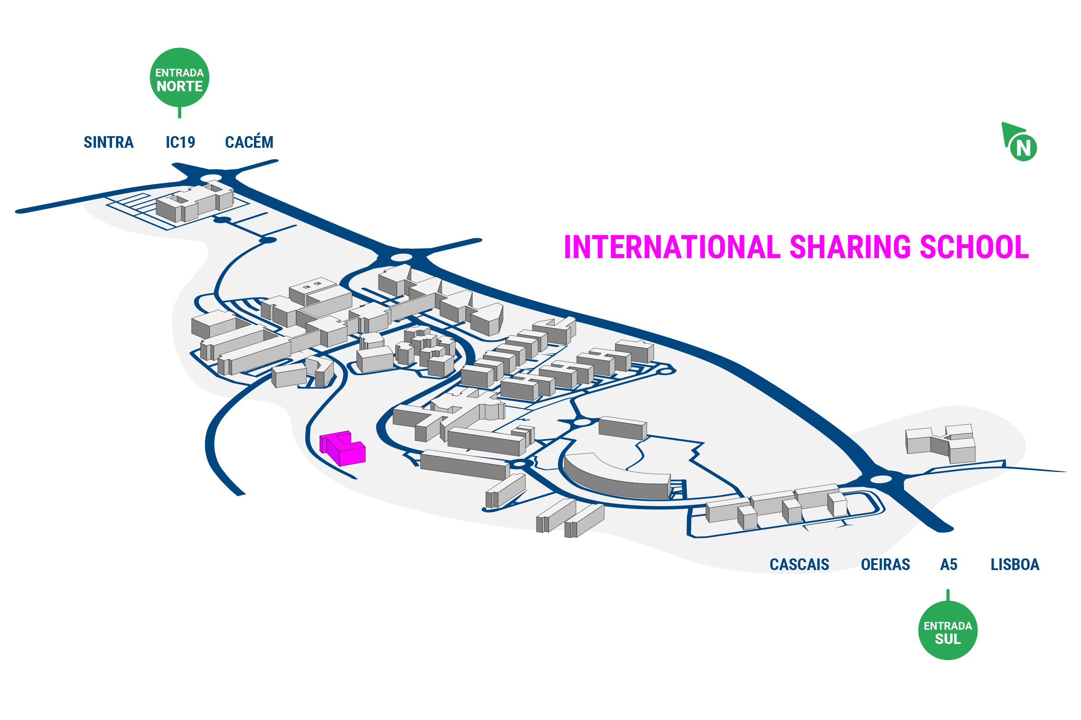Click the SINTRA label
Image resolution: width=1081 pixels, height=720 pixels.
coord(109,142)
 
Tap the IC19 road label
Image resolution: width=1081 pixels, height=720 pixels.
coord(180,142)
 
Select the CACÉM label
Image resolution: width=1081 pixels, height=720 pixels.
coord(249,141)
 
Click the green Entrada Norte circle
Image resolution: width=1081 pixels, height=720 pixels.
coord(180,78)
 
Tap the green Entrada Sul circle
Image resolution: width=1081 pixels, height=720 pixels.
coord(948,631)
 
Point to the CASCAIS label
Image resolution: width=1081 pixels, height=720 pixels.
coord(799,564)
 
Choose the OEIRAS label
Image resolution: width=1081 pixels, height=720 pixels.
coord(885,564)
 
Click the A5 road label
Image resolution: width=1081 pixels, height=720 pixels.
coord(949,564)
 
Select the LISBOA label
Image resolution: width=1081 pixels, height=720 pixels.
coord(1015,564)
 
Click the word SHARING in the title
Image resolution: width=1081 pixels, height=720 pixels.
coord(850,247)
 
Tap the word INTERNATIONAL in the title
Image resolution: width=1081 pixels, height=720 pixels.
coord(672,247)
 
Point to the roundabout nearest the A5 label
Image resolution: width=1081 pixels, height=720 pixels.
coord(881,479)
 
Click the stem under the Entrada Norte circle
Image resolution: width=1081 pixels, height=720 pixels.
coord(180,112)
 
